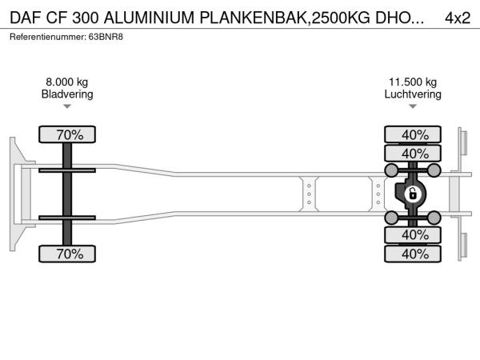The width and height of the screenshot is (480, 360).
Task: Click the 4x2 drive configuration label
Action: click(458, 18)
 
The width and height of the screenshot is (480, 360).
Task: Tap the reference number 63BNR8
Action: click(106, 37)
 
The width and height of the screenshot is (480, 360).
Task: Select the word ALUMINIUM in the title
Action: click(149, 18)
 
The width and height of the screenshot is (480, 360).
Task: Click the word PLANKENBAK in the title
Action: click(254, 18)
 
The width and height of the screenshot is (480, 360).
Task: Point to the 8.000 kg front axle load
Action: click(67, 82)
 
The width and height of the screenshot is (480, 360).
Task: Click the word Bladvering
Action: click(67, 94)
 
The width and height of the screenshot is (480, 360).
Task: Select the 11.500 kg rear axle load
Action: click(413, 82)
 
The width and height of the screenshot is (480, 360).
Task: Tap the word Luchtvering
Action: click(413, 94)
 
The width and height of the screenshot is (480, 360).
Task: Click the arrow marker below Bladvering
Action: click(67, 106)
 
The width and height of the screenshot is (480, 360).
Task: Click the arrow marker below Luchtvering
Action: click(413, 106)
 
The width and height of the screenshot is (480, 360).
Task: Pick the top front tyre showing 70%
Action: click(67, 134)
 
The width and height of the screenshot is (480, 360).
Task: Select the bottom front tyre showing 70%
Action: click(67, 254)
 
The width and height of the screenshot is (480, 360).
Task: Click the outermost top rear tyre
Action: click(413, 134)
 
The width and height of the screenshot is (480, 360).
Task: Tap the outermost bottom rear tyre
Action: click(413, 254)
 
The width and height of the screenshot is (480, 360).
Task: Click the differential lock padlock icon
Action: click(413, 194)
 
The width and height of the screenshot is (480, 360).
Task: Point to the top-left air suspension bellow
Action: click(391, 170)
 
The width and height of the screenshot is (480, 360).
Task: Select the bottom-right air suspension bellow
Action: click(434, 218)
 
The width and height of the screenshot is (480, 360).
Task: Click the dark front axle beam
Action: click(67, 194)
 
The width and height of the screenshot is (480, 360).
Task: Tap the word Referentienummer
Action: click(47, 37)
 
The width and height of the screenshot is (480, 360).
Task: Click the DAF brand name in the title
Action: click(25, 18)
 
